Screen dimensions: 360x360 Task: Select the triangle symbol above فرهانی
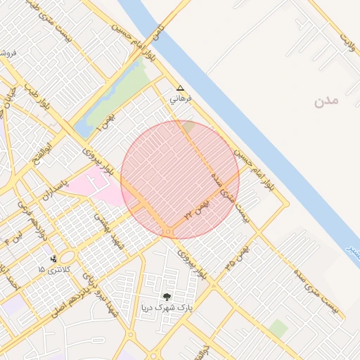coord(181,89)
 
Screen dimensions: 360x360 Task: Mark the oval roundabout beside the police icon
coord(70,257)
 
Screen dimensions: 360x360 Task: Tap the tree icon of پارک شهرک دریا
coord(167,297)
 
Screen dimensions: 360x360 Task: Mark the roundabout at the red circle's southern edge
coord(169,231)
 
